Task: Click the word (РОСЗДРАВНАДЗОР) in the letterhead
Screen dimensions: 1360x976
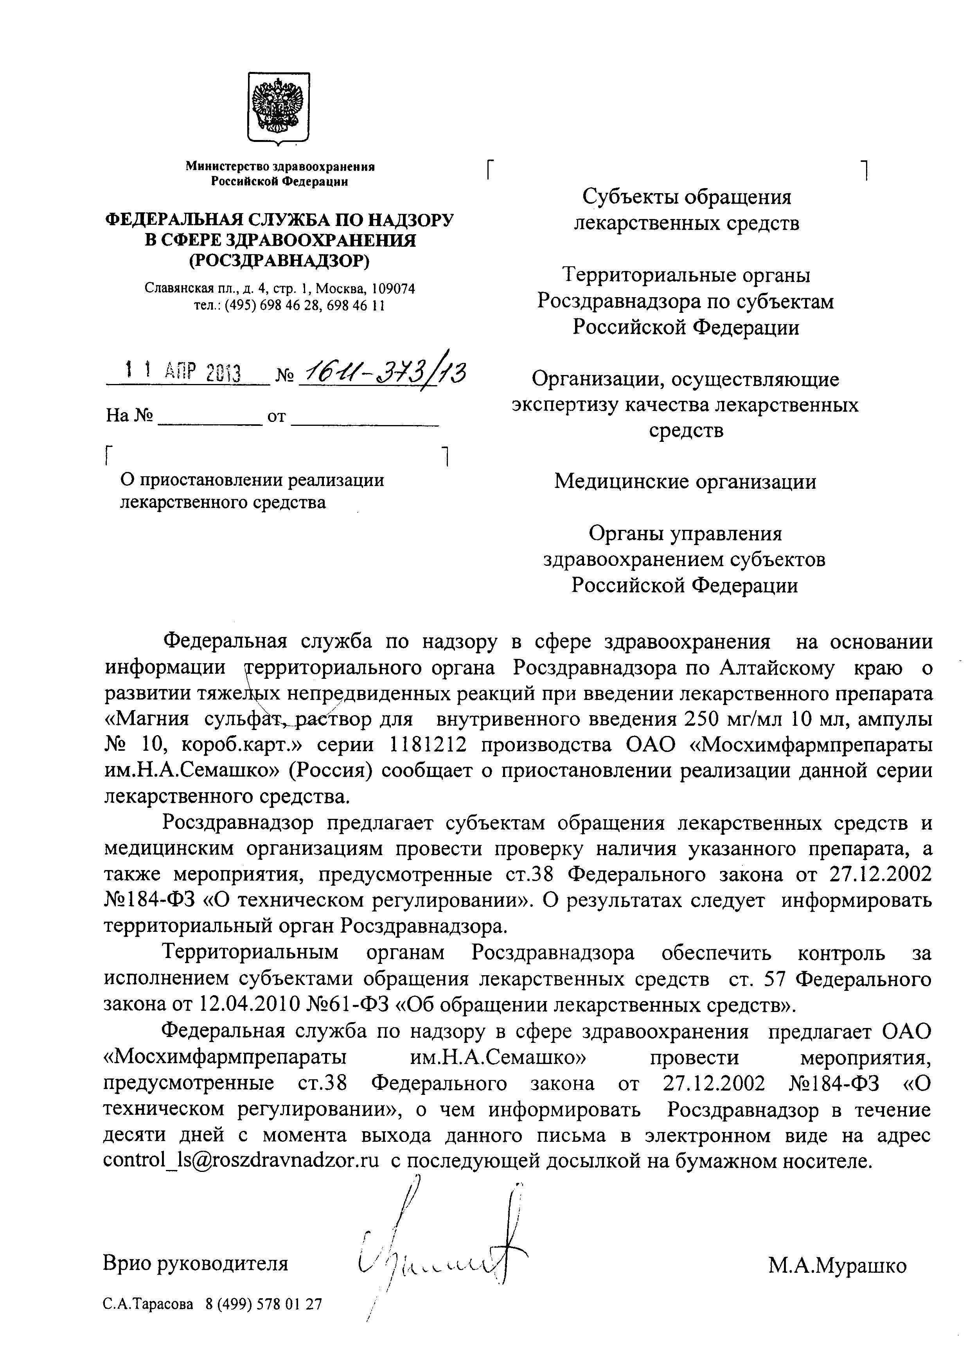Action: pyautogui.click(x=279, y=260)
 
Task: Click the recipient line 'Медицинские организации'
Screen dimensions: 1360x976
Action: pyautogui.click(x=685, y=481)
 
